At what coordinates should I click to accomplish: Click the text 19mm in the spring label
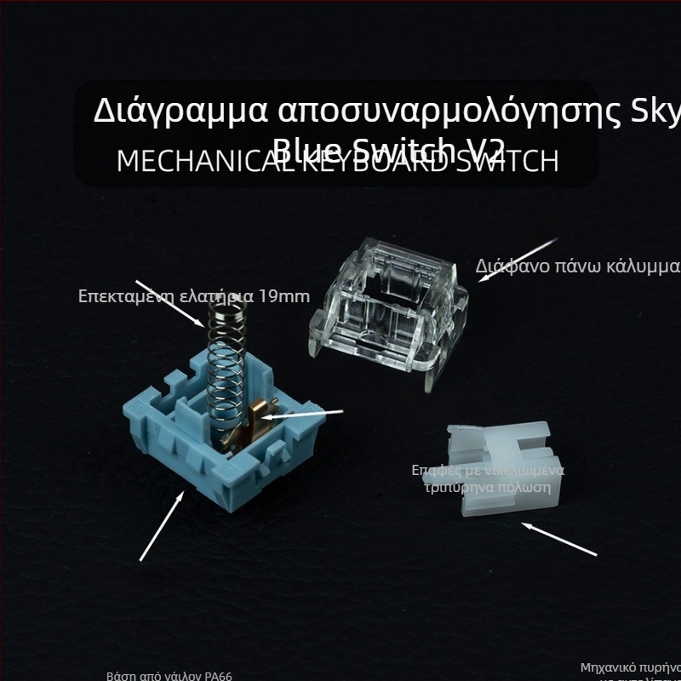tap(286, 296)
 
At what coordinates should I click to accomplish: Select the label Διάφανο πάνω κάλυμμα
tap(578, 266)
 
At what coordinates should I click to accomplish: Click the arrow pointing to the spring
tap(170, 303)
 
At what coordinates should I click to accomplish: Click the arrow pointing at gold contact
tap(302, 415)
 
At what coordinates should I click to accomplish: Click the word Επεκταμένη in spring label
tap(115, 296)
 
